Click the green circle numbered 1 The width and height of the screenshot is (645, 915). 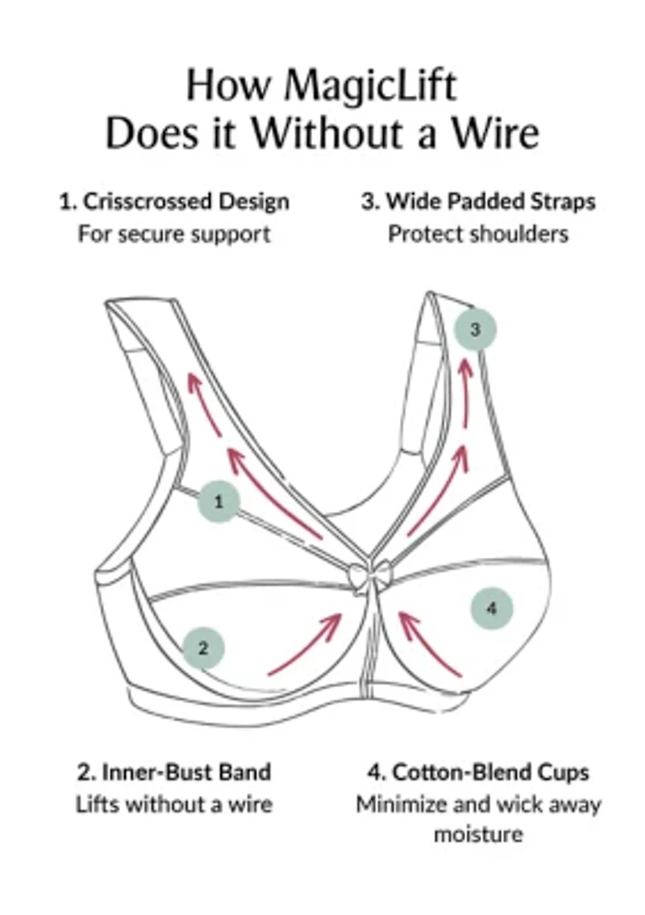218,501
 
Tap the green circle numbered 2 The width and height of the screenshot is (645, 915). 203,647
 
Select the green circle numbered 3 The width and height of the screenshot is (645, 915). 475,329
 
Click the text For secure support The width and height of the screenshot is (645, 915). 174,234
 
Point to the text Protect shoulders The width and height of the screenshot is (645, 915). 478,234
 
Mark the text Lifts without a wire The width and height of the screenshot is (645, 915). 174,805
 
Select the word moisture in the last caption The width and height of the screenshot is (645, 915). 478,834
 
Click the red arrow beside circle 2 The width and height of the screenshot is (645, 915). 307,642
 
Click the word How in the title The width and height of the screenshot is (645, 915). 216,85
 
